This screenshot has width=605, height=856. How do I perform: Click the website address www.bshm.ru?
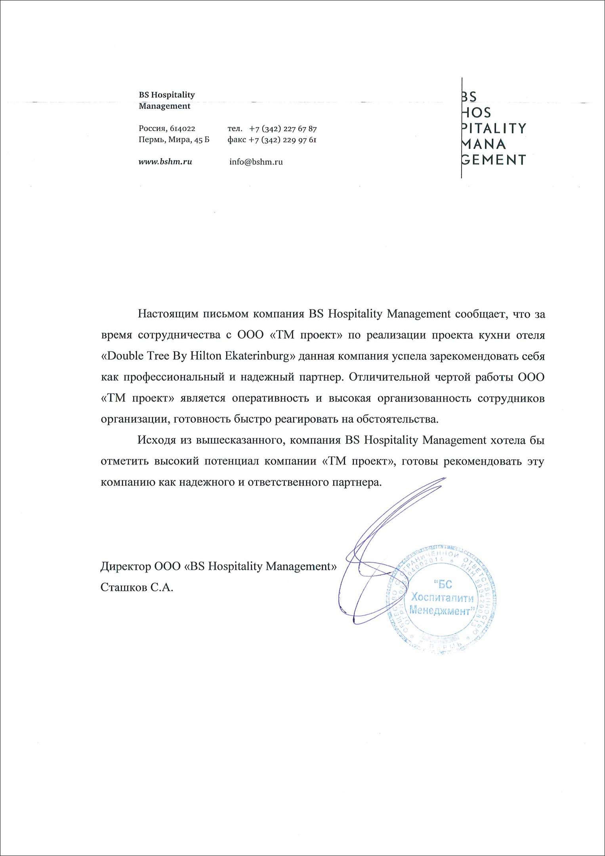(x=165, y=162)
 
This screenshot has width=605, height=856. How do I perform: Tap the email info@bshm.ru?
(x=256, y=162)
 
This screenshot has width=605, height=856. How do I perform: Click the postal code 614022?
(x=183, y=129)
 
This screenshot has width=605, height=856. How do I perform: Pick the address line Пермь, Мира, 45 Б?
(x=174, y=140)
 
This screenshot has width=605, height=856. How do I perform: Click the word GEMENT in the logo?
(x=494, y=160)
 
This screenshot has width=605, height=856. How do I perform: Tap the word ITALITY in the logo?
(x=495, y=128)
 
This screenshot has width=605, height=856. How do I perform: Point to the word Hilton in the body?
(x=205, y=356)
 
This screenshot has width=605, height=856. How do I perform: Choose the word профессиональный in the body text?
(x=173, y=377)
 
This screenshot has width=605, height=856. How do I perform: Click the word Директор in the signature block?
(x=125, y=566)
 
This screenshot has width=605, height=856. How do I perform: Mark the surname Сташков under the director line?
(x=123, y=587)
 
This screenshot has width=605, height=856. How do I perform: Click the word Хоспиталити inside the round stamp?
(x=442, y=598)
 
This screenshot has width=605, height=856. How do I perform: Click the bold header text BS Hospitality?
(x=167, y=95)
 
